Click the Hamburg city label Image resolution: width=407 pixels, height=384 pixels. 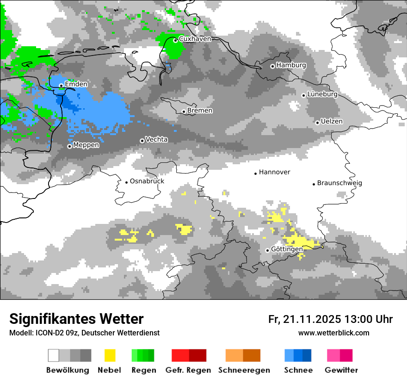(x=291, y=65)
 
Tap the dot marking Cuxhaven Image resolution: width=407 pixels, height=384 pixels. (x=175, y=40)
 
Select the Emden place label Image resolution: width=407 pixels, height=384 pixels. (x=76, y=84)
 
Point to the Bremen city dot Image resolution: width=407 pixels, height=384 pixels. (x=184, y=111)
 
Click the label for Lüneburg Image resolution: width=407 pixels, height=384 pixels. (x=322, y=94)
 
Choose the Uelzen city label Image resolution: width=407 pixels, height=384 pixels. (x=332, y=121)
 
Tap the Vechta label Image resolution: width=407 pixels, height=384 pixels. (x=156, y=139)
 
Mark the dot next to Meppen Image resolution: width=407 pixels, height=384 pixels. (x=69, y=146)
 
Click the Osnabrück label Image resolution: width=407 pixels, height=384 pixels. (x=147, y=181)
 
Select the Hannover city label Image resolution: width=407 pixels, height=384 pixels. (x=274, y=172)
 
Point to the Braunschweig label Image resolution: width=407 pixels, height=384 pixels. (x=339, y=183)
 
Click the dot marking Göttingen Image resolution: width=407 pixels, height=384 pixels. (x=267, y=250)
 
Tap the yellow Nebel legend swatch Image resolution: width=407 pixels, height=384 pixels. (x=110, y=355)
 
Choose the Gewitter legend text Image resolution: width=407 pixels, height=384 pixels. (x=341, y=370)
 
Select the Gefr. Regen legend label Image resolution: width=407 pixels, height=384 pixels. (x=188, y=370)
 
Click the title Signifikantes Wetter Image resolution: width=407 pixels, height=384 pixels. (x=76, y=319)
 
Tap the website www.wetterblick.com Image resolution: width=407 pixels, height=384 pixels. (x=333, y=333)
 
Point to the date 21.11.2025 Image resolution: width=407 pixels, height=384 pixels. (x=312, y=319)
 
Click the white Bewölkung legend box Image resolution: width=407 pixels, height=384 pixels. (x=54, y=355)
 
